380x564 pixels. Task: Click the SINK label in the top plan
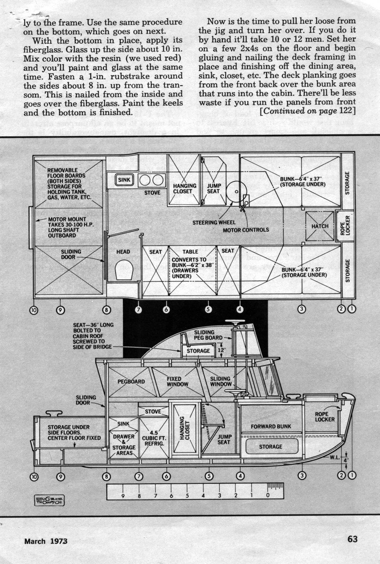coord(125,180)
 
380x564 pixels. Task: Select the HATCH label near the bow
coord(320,226)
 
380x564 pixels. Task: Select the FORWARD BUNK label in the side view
coord(271,426)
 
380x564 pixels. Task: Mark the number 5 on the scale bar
coord(187,495)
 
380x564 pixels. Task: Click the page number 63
coord(352,539)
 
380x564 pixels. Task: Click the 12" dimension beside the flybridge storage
coord(220,351)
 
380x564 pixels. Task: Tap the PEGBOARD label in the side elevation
coord(131,381)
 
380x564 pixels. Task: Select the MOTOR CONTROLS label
coord(246,230)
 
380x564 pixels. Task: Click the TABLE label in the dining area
coord(190,252)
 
